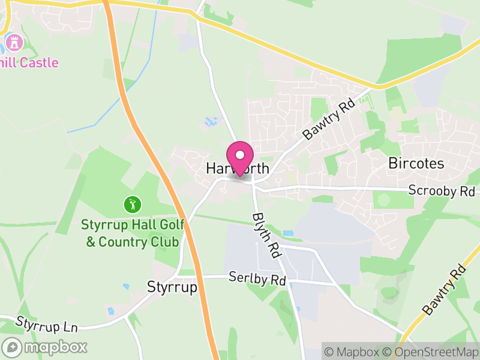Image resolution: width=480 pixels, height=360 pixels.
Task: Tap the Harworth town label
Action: click(x=238, y=169)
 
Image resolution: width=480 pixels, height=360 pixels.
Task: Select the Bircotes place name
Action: click(x=416, y=163)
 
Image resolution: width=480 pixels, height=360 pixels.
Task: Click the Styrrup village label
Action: click(x=172, y=288)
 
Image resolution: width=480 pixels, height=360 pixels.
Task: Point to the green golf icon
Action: click(x=132, y=205)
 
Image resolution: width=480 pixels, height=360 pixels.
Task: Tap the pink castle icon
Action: click(x=14, y=42)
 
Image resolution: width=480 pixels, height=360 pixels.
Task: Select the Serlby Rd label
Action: click(x=257, y=279)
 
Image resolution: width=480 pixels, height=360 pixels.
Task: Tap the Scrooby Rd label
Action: click(x=441, y=191)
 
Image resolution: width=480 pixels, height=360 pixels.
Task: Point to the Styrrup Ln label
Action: click(x=47, y=325)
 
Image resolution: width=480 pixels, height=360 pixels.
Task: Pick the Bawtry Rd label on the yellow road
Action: click(x=444, y=290)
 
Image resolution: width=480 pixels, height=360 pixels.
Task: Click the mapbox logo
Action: click(x=45, y=347)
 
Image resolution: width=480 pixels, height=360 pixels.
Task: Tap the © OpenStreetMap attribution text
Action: click(x=431, y=352)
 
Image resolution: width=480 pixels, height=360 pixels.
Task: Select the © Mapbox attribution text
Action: click(x=354, y=352)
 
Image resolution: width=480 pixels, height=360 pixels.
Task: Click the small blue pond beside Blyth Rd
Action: click(x=289, y=233)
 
